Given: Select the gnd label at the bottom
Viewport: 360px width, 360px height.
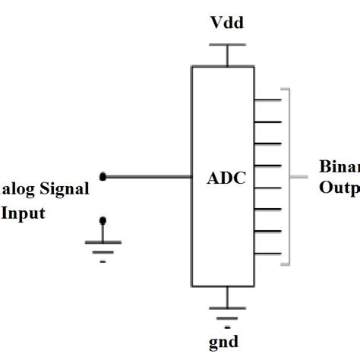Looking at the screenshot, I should [x=225, y=341].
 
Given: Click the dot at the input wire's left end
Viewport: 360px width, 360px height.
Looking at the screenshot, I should [x=104, y=177].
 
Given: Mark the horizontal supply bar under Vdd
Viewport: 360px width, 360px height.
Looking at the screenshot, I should [x=225, y=46].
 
